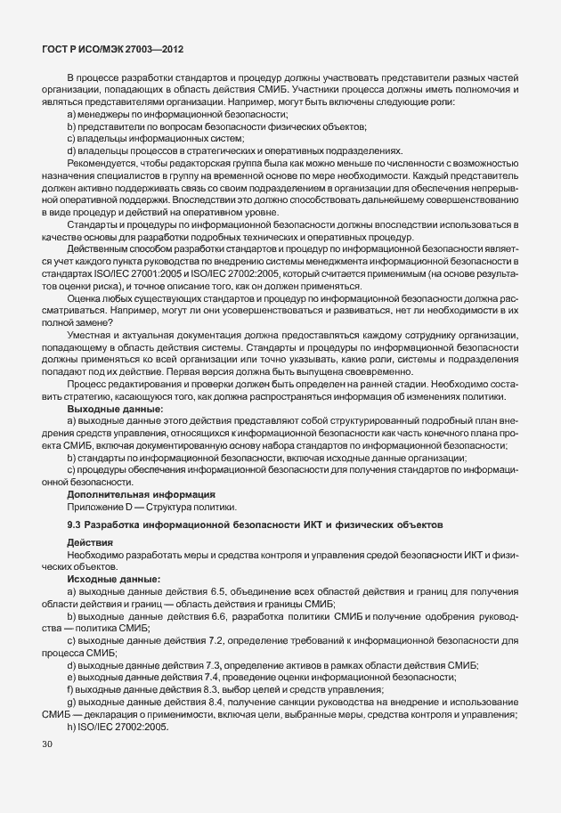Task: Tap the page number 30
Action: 47,742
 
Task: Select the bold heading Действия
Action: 90,541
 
